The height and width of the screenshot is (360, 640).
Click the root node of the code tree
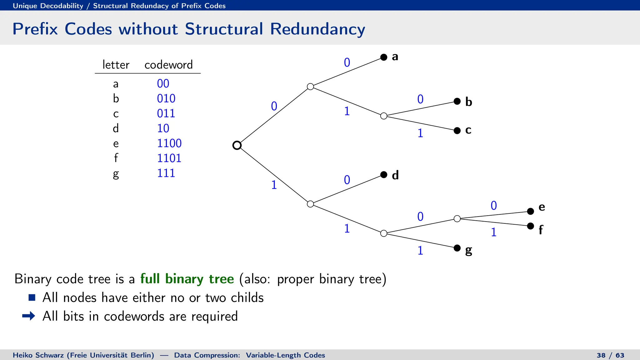(x=237, y=145)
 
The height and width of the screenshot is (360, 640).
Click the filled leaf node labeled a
(x=384, y=57)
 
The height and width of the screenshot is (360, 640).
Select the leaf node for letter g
(x=457, y=248)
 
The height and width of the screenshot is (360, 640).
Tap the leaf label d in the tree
(x=395, y=175)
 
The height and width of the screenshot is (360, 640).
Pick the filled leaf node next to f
(x=530, y=226)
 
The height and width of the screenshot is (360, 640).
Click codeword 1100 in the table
(x=169, y=143)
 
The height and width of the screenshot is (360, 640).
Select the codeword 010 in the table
(x=166, y=99)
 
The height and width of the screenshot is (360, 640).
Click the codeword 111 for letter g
(x=166, y=173)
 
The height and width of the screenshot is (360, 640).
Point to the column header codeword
(x=168, y=65)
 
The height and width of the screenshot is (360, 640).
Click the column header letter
(x=116, y=65)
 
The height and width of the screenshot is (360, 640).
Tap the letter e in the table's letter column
(x=116, y=144)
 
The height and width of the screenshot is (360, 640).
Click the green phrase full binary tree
(x=187, y=279)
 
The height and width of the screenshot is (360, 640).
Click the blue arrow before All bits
(x=29, y=316)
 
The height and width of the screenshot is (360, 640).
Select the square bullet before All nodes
(x=32, y=297)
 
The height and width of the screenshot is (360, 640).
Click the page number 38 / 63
(x=610, y=355)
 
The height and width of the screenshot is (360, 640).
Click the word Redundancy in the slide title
(x=317, y=29)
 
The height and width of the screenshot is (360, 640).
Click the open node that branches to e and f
(x=457, y=219)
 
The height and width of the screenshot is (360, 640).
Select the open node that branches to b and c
(x=384, y=116)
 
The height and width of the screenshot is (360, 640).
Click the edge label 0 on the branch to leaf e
(x=493, y=206)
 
